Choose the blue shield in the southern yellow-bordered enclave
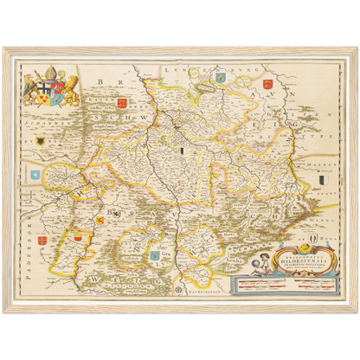[156, 254]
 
